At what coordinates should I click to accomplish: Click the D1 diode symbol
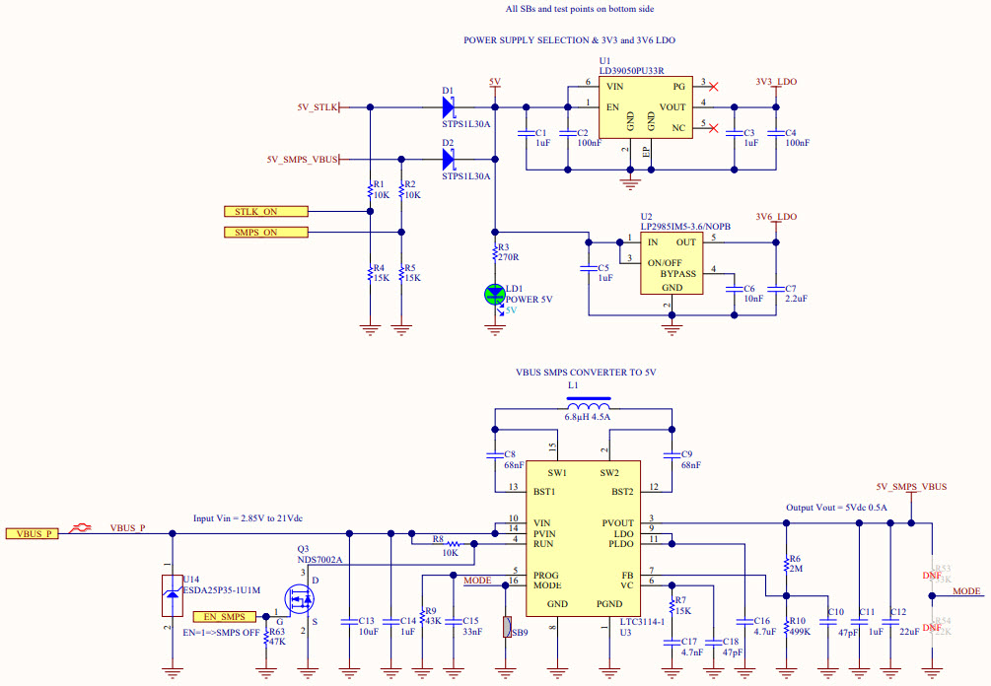click(x=449, y=106)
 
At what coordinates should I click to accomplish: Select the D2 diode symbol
click(x=449, y=159)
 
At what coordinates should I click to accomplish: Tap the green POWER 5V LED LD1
click(x=495, y=293)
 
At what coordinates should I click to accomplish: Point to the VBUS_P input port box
click(x=33, y=533)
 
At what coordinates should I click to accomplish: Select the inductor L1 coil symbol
click(x=589, y=407)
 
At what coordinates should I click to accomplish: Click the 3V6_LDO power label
click(x=776, y=217)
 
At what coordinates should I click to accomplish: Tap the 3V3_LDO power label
click(x=776, y=81)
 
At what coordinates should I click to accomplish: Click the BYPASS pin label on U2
click(x=677, y=273)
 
